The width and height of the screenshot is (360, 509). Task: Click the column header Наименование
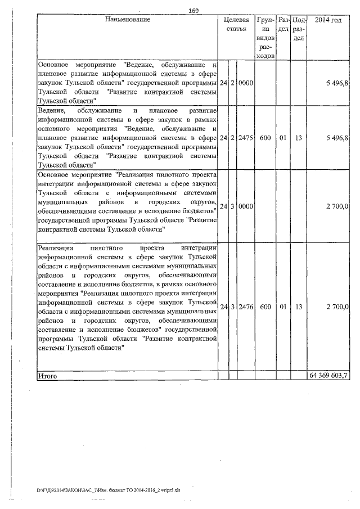[x=128, y=20]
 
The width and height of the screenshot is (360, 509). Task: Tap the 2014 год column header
[x=328, y=20]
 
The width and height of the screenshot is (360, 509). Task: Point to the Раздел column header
[x=283, y=24]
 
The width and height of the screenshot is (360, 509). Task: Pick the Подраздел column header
[x=299, y=29]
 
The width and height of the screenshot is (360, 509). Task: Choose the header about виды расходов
[x=264, y=38]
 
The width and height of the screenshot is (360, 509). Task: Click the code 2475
[x=245, y=137]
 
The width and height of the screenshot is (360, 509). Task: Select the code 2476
[x=245, y=307]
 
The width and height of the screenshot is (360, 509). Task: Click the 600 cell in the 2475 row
[x=265, y=137]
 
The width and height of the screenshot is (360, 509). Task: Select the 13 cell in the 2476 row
[x=299, y=307]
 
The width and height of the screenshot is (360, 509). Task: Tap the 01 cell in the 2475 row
[x=283, y=137]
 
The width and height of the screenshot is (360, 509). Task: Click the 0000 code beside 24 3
[x=245, y=207]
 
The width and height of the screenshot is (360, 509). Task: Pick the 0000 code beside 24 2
[x=245, y=83]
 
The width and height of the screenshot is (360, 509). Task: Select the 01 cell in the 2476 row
[x=283, y=307]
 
